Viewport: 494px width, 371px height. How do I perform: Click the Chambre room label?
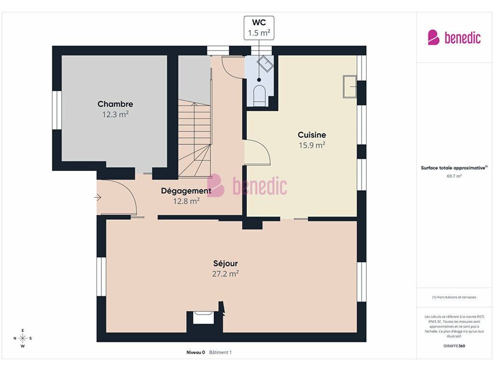(x=115, y=104)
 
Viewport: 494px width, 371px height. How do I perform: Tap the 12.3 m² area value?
(x=115, y=114)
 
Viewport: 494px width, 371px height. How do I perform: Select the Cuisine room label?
(x=312, y=135)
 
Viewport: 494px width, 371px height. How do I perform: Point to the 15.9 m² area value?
(x=312, y=145)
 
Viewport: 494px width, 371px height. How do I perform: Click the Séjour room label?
(x=226, y=263)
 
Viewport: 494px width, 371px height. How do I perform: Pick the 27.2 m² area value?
(x=226, y=273)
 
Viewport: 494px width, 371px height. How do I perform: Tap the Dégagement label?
(x=186, y=191)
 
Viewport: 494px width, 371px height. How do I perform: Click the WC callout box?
(x=259, y=28)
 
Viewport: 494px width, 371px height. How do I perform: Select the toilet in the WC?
(x=260, y=95)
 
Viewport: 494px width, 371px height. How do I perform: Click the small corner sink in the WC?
(x=265, y=64)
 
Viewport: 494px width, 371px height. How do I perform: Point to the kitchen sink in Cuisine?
(x=350, y=86)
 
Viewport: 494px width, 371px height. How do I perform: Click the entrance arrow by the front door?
(x=97, y=198)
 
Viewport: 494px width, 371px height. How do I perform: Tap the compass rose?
(x=23, y=338)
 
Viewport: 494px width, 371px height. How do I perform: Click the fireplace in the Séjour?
(x=203, y=317)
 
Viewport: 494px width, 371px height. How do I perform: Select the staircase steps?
(x=195, y=138)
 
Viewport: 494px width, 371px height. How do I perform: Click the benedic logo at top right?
(x=454, y=38)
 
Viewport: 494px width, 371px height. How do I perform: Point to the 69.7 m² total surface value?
(x=454, y=176)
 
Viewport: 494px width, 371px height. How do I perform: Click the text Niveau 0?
(x=196, y=352)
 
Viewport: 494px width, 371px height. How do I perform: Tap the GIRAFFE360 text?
(x=454, y=346)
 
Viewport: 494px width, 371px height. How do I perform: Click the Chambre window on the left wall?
(x=57, y=110)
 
